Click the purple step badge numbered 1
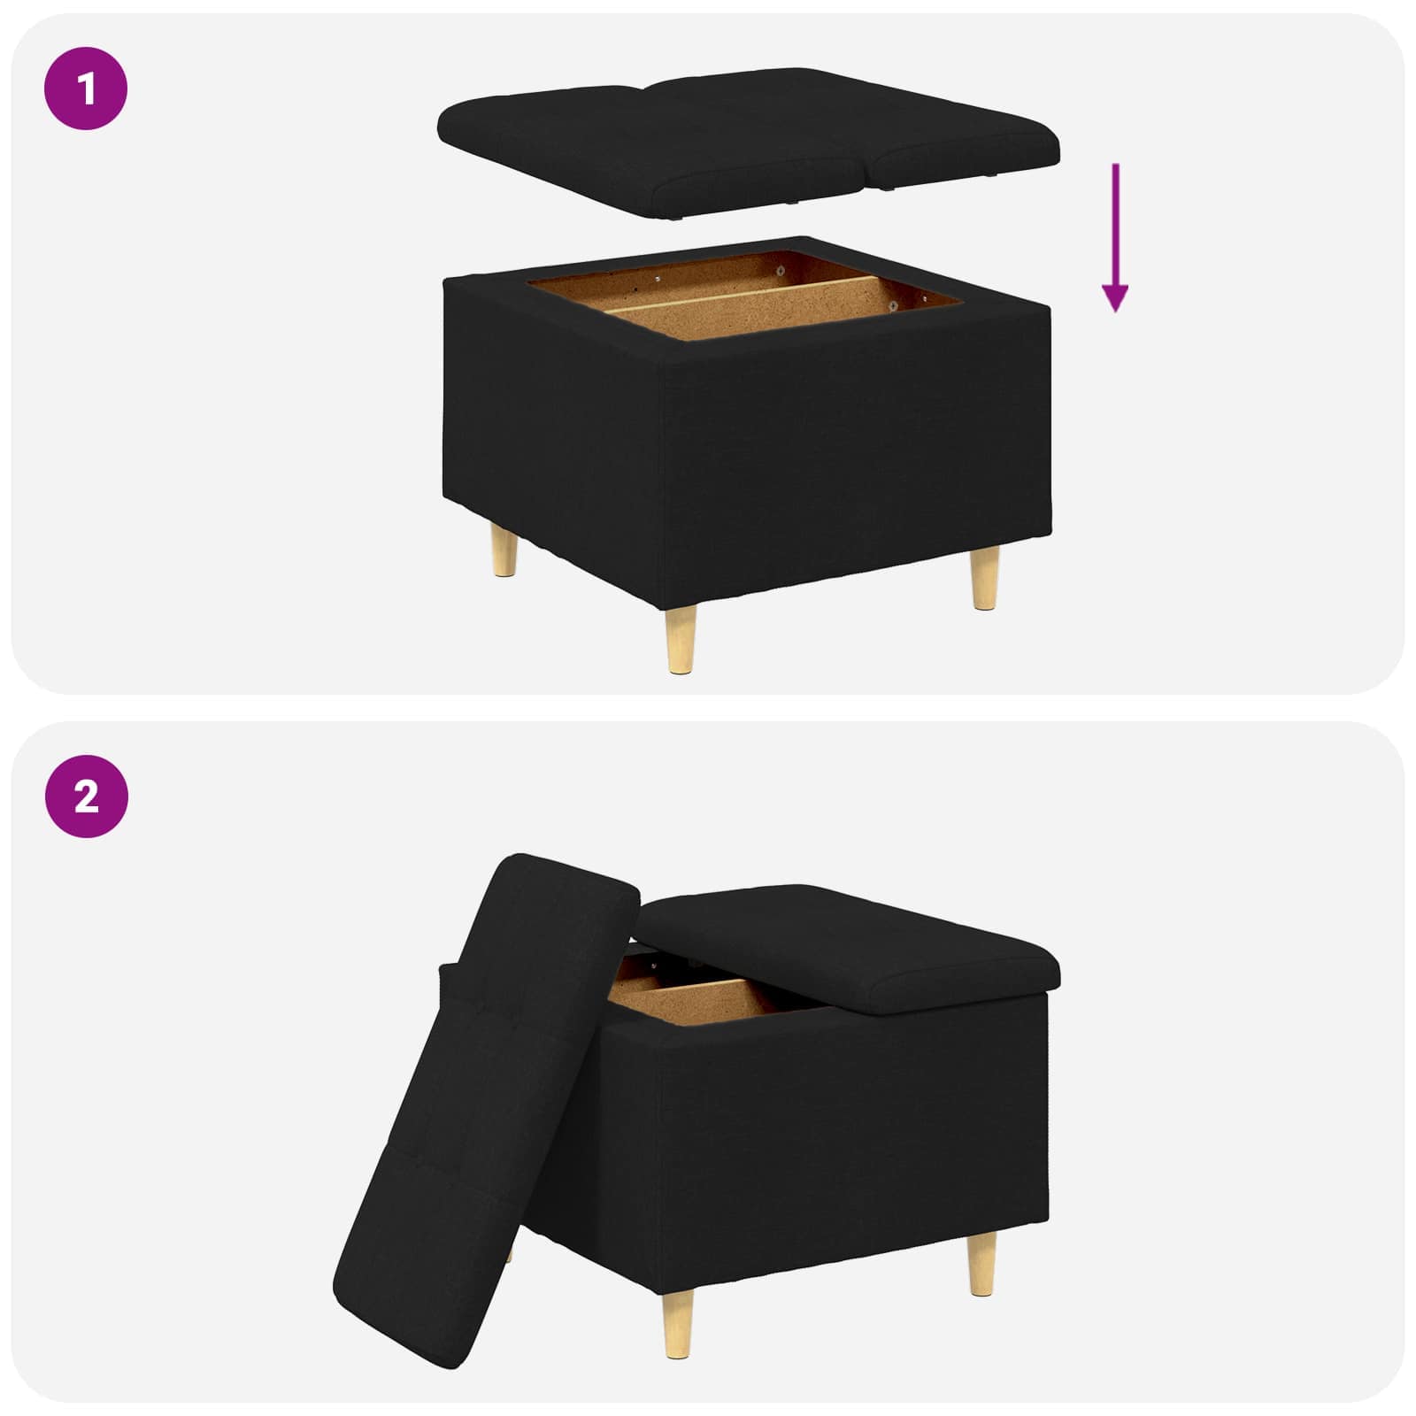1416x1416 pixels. [86, 88]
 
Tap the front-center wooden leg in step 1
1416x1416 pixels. [681, 638]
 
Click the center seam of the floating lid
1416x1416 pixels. [872, 159]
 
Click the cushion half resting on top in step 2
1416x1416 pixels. [850, 947]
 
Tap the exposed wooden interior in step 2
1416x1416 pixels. [699, 1000]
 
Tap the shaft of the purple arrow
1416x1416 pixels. [1115, 221]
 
